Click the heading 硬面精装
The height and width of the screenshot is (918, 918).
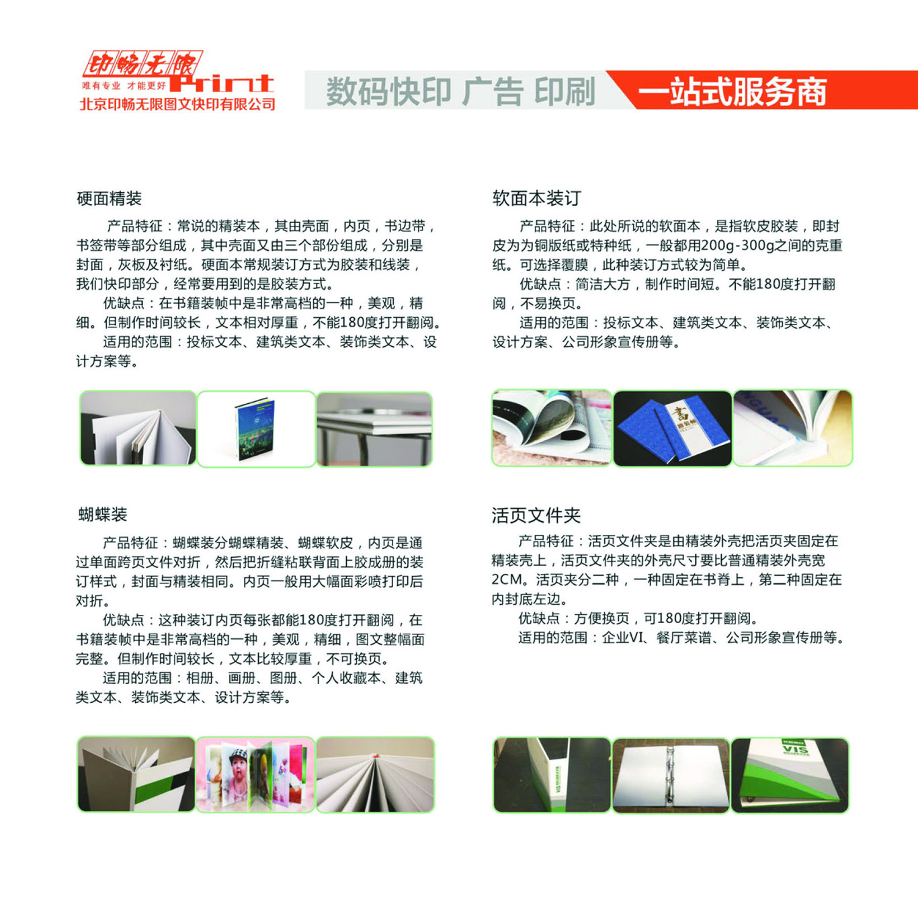[109, 198]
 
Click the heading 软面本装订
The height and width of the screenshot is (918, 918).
[536, 198]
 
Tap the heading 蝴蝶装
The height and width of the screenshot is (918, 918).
[103, 515]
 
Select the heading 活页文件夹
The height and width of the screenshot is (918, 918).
[536, 515]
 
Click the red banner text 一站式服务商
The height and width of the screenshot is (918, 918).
[732, 92]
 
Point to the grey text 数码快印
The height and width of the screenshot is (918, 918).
[388, 92]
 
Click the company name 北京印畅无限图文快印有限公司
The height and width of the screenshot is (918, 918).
[177, 104]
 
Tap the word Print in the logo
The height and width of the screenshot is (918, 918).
[222, 83]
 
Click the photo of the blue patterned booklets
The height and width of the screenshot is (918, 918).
[672, 428]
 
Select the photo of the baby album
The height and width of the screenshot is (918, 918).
[255, 774]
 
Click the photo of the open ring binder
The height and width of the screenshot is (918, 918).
[670, 775]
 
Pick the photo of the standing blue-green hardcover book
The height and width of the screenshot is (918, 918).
[256, 429]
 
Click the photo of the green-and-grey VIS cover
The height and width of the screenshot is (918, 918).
[790, 775]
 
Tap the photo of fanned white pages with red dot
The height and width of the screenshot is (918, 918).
[375, 774]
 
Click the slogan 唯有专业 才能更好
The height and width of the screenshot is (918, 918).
[124, 86]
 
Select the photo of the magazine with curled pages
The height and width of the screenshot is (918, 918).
[551, 428]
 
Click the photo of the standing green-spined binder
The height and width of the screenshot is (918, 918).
[552, 775]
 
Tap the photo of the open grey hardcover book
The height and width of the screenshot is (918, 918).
[138, 428]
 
